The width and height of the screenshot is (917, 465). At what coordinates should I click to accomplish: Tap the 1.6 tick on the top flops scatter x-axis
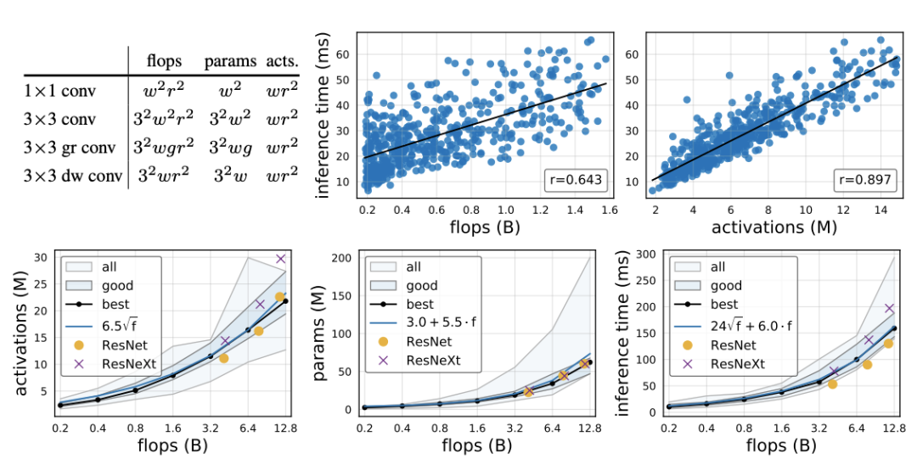point(609,208)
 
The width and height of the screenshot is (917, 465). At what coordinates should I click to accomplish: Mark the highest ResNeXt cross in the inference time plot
point(889,309)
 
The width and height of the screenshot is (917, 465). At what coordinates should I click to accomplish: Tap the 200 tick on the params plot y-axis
point(343,257)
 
